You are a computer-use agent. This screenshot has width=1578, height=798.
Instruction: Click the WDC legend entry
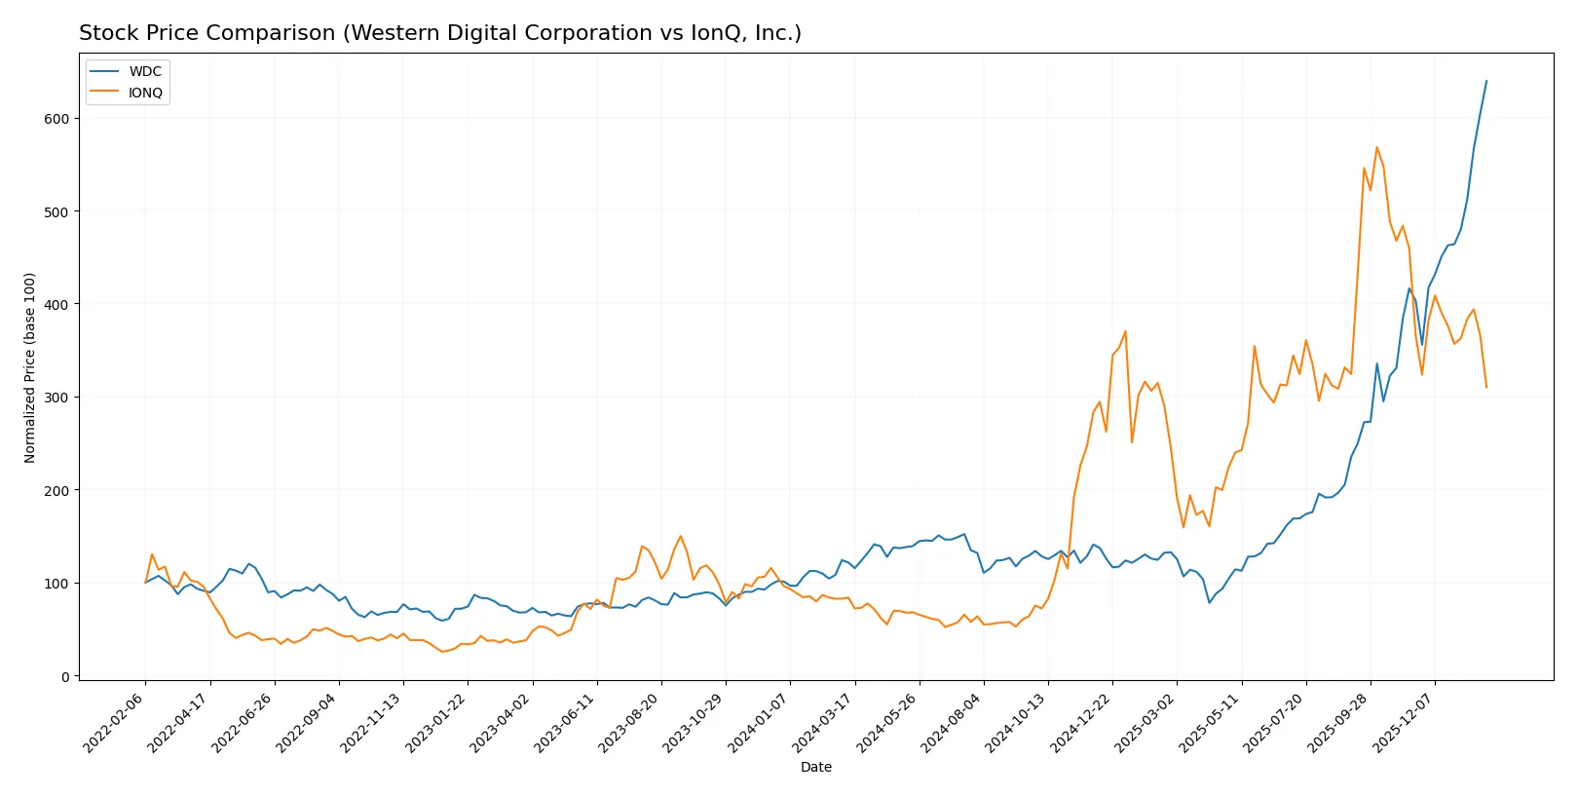[x=144, y=72]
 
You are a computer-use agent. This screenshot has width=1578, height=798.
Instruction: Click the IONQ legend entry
[x=145, y=94]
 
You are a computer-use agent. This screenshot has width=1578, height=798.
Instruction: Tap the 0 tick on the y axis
[x=65, y=676]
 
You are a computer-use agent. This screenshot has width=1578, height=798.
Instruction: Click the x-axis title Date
[x=815, y=768]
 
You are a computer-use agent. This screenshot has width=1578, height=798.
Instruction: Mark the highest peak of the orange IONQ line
[x=1376, y=147]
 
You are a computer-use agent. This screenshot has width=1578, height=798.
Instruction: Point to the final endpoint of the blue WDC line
[x=1486, y=81]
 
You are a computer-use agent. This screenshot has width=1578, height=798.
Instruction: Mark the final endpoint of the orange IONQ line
[x=1486, y=388]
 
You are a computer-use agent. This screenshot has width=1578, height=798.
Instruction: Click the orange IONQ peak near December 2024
[x=1125, y=331]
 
